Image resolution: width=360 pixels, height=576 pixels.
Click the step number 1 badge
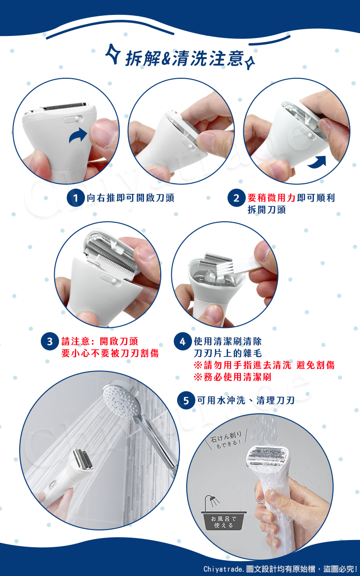point(75,198)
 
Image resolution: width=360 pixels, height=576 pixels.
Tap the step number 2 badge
point(236,198)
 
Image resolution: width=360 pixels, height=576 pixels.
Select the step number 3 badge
point(49,342)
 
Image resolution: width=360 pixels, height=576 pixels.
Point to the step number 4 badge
point(182,342)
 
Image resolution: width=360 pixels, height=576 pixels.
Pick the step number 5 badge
point(186,401)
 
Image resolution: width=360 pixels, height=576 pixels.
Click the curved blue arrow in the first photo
point(78,135)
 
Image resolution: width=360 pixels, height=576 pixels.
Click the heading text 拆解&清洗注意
point(185,59)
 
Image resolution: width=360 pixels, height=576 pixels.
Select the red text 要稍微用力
point(271,198)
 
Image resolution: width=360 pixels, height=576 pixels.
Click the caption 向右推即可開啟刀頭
point(131,198)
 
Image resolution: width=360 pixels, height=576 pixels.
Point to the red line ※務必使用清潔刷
point(233,377)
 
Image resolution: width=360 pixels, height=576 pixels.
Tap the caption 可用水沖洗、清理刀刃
point(246,401)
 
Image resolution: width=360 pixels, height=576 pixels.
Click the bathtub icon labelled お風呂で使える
point(224,513)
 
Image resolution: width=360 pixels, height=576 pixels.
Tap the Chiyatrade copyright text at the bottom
point(280,569)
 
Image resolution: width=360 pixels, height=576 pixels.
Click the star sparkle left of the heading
point(113,54)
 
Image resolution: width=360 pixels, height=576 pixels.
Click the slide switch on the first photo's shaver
point(73,120)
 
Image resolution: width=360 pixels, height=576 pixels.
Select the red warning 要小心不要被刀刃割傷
point(110,354)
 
